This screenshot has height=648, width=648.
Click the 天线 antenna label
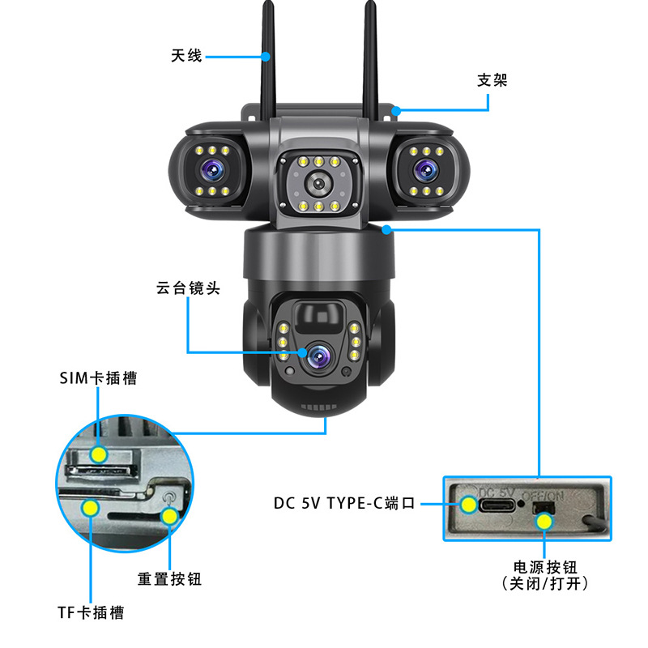point(185,56)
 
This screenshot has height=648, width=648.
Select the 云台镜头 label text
point(188,288)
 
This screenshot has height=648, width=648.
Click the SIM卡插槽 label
point(98,378)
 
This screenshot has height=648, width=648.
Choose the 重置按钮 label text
point(169,579)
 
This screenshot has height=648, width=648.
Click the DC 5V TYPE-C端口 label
point(344,503)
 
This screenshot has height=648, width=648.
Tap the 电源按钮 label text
point(544,567)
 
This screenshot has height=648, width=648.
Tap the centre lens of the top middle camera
point(318,184)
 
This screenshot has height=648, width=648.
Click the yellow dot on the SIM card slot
point(98,454)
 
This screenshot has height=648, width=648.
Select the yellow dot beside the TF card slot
point(91,509)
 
